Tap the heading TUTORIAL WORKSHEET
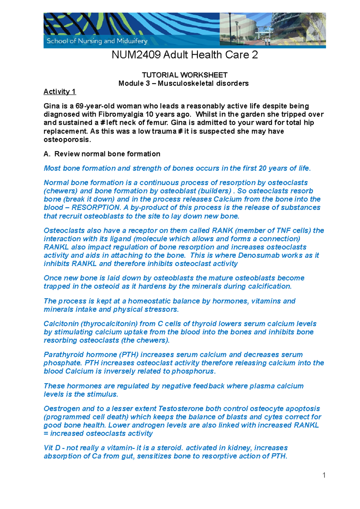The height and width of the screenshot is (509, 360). (x=184, y=75)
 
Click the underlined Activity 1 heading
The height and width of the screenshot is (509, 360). (x=60, y=92)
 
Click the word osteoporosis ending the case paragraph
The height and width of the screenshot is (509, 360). (x=67, y=140)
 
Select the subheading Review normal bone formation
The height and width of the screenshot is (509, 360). (x=107, y=154)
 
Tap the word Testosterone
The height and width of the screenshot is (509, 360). (x=182, y=409)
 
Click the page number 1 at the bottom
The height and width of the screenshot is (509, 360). (x=324, y=475)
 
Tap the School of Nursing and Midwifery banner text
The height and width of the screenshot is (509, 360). (x=97, y=41)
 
